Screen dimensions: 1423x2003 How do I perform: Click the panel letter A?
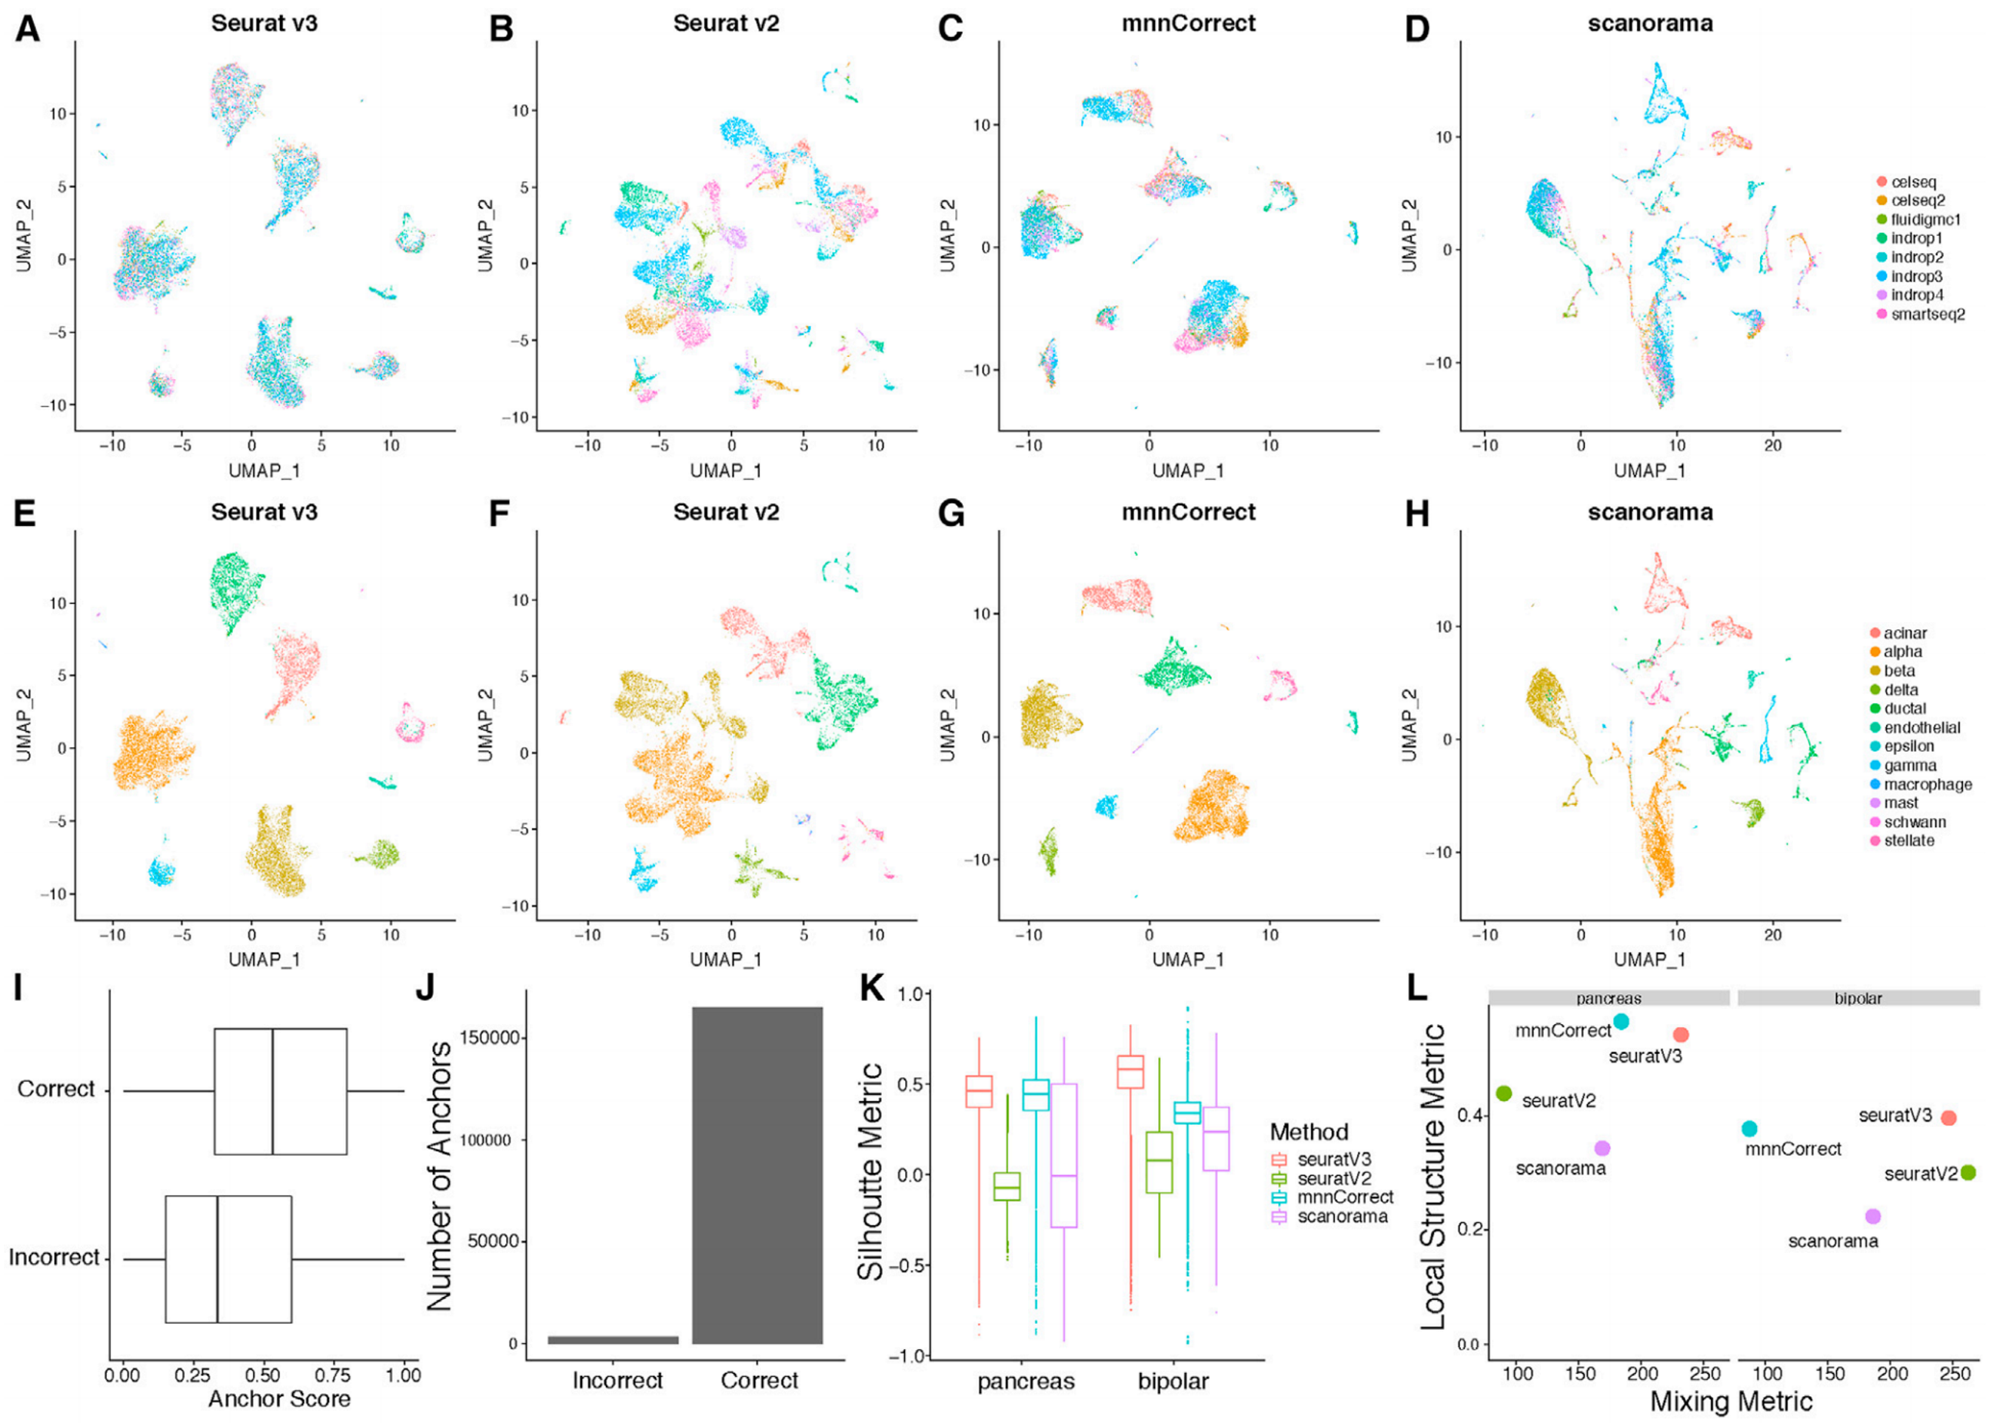point(27,29)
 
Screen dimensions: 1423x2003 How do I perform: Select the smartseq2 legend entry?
point(1927,314)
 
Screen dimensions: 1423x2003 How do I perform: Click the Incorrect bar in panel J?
point(614,1339)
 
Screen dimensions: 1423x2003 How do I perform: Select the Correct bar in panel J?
point(757,1175)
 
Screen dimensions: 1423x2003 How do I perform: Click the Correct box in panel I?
point(281,1091)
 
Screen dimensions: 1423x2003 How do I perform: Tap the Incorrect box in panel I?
point(228,1259)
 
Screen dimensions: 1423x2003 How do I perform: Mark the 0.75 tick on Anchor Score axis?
point(334,1375)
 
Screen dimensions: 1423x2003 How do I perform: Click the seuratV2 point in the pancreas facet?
point(1503,1093)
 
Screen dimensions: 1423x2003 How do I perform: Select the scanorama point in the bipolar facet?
point(1872,1216)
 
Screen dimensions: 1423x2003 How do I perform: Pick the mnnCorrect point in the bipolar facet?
point(1750,1129)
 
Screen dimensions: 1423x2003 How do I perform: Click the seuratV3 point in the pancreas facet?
point(1681,1035)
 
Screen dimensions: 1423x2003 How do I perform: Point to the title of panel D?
point(1650,24)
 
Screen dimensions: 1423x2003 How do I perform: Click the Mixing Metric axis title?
point(1732,1402)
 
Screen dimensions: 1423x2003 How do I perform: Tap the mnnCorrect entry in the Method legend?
point(1345,1197)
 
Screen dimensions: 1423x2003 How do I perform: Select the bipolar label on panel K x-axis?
point(1173,1381)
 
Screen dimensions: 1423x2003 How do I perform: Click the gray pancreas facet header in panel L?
point(1608,998)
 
